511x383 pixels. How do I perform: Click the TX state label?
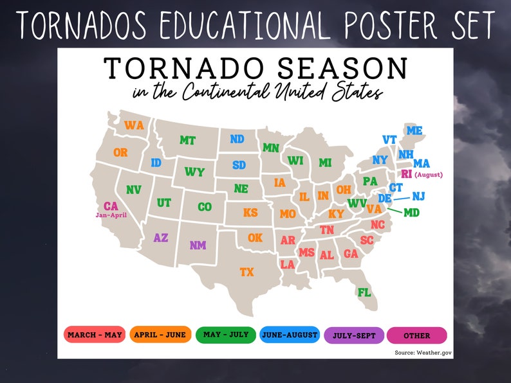pos(246,272)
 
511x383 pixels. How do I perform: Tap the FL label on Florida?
pos(364,292)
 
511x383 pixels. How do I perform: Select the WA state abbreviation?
pos(134,125)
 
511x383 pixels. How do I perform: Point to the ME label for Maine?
pos(414,130)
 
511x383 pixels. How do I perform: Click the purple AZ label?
pos(161,238)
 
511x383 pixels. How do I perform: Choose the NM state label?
pos(198,245)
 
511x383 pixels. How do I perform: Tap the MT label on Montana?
pos(187,140)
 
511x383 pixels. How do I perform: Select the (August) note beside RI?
pos(429,175)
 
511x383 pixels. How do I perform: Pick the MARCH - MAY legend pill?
pos(94,335)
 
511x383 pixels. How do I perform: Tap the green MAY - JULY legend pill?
pos(226,335)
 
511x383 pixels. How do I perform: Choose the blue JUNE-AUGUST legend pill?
pos(290,335)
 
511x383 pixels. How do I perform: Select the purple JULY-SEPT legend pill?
pos(355,335)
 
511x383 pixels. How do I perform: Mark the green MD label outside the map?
pos(411,212)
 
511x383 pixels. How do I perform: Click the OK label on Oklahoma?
pos(255,238)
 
